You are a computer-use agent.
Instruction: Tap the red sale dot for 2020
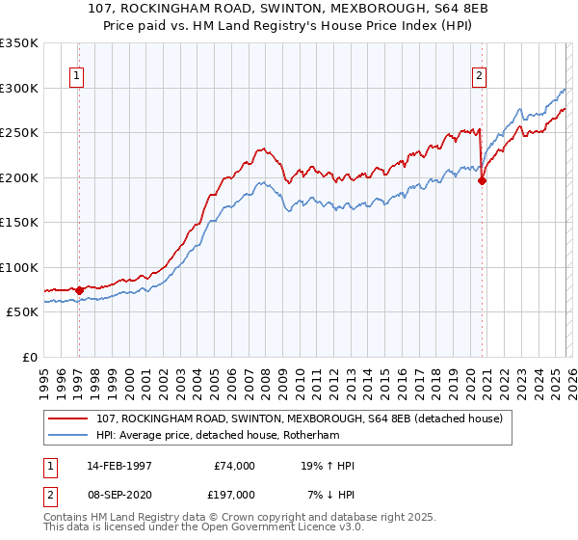pyautogui.click(x=482, y=180)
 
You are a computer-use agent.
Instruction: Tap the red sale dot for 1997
pyautogui.click(x=79, y=290)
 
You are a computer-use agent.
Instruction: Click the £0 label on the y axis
pyautogui.click(x=28, y=357)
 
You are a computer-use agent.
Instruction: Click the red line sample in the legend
pyautogui.click(x=69, y=418)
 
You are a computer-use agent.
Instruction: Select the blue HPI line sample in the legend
pyautogui.click(x=69, y=434)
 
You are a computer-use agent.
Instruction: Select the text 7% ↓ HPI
pyautogui.click(x=330, y=494)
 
